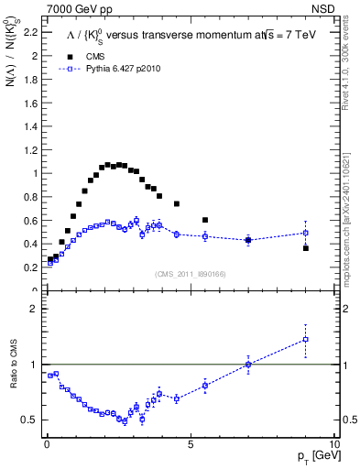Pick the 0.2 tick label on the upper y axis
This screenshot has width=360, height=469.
(x=27, y=267)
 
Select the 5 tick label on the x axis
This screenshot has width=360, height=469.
(x=191, y=443)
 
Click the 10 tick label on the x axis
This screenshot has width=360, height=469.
(x=334, y=443)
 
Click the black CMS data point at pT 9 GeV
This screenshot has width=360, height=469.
(x=306, y=248)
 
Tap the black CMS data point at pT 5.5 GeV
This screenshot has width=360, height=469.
(x=205, y=220)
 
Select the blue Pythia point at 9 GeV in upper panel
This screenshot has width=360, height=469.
(x=306, y=233)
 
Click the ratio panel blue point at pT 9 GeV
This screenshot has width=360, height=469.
(x=306, y=340)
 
